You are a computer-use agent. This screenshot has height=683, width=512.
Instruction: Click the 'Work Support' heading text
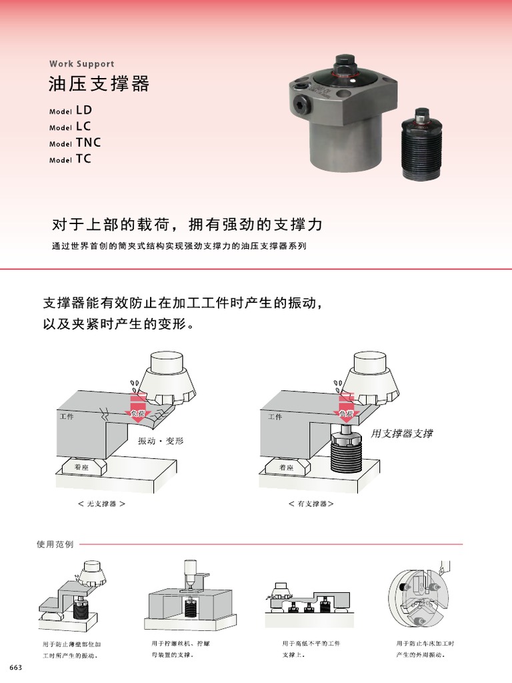tap(81, 64)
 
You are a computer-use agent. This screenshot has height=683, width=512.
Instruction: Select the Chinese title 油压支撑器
tap(99, 84)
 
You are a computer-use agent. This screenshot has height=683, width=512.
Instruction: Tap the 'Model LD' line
tap(71, 110)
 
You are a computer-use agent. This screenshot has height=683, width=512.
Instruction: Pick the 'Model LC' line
tap(70, 126)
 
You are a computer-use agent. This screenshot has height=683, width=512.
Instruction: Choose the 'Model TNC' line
tap(75, 143)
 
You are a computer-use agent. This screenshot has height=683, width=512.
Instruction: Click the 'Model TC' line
tap(70, 159)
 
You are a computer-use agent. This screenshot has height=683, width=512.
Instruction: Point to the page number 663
tap(16, 668)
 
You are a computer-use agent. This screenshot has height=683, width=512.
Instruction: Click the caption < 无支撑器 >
tap(102, 504)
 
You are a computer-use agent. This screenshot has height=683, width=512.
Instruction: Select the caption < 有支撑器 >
tap(311, 504)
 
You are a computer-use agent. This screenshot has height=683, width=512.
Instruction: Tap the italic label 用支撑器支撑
tap(402, 434)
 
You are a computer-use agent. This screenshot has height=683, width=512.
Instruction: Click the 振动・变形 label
tap(161, 441)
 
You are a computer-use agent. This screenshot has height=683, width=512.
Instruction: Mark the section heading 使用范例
tap(55, 544)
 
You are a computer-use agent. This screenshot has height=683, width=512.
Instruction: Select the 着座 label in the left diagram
tap(81, 468)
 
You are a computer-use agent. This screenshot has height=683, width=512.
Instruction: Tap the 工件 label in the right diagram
tap(275, 417)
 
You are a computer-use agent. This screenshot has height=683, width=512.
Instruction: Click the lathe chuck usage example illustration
tap(418, 598)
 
